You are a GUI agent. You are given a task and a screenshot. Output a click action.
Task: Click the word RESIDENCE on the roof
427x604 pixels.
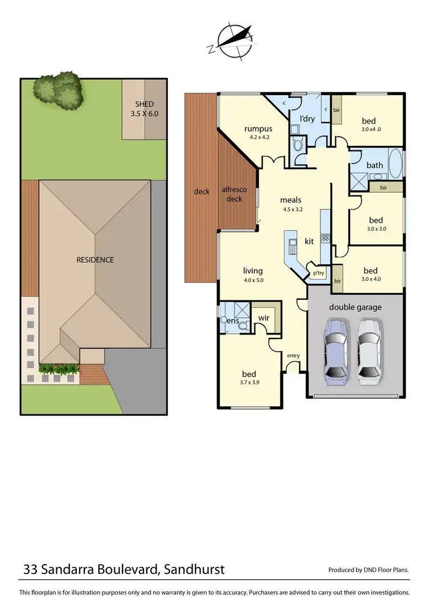(95, 260)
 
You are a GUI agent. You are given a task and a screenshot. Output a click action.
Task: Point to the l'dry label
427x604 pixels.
(307, 119)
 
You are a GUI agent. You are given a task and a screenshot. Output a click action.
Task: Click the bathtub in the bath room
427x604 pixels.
(396, 165)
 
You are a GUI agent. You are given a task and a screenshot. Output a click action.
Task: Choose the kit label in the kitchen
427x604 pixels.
(309, 242)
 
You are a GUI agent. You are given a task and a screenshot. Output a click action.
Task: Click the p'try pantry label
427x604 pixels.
(318, 274)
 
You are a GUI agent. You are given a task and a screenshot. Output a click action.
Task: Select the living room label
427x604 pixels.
(253, 271)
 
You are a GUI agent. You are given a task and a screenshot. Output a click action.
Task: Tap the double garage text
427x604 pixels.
(355, 307)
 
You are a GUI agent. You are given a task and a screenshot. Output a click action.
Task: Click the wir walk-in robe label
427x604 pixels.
(264, 318)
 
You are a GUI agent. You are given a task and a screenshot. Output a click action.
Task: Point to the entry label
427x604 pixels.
(293, 356)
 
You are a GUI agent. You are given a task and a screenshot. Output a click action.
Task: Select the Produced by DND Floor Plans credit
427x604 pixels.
(369, 570)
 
